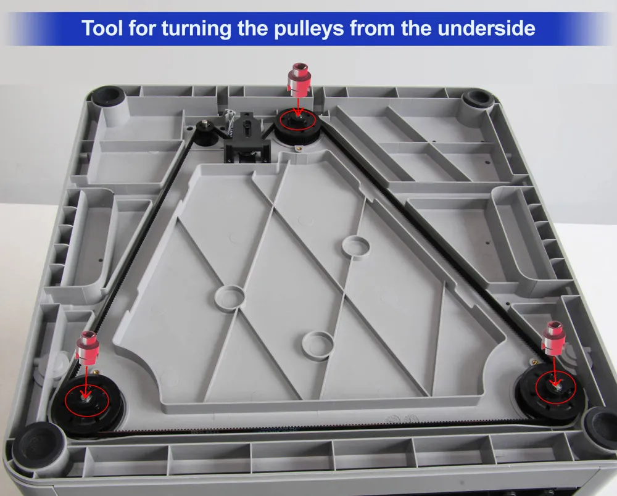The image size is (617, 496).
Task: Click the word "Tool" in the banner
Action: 102,28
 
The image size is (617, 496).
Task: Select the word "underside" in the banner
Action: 486,28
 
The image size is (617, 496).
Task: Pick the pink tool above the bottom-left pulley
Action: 88,348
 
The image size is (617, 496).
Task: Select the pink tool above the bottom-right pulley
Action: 553,339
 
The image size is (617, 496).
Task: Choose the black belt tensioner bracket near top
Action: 247,138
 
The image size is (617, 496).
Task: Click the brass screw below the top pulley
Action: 299,148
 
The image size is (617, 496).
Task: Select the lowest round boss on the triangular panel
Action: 318,344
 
